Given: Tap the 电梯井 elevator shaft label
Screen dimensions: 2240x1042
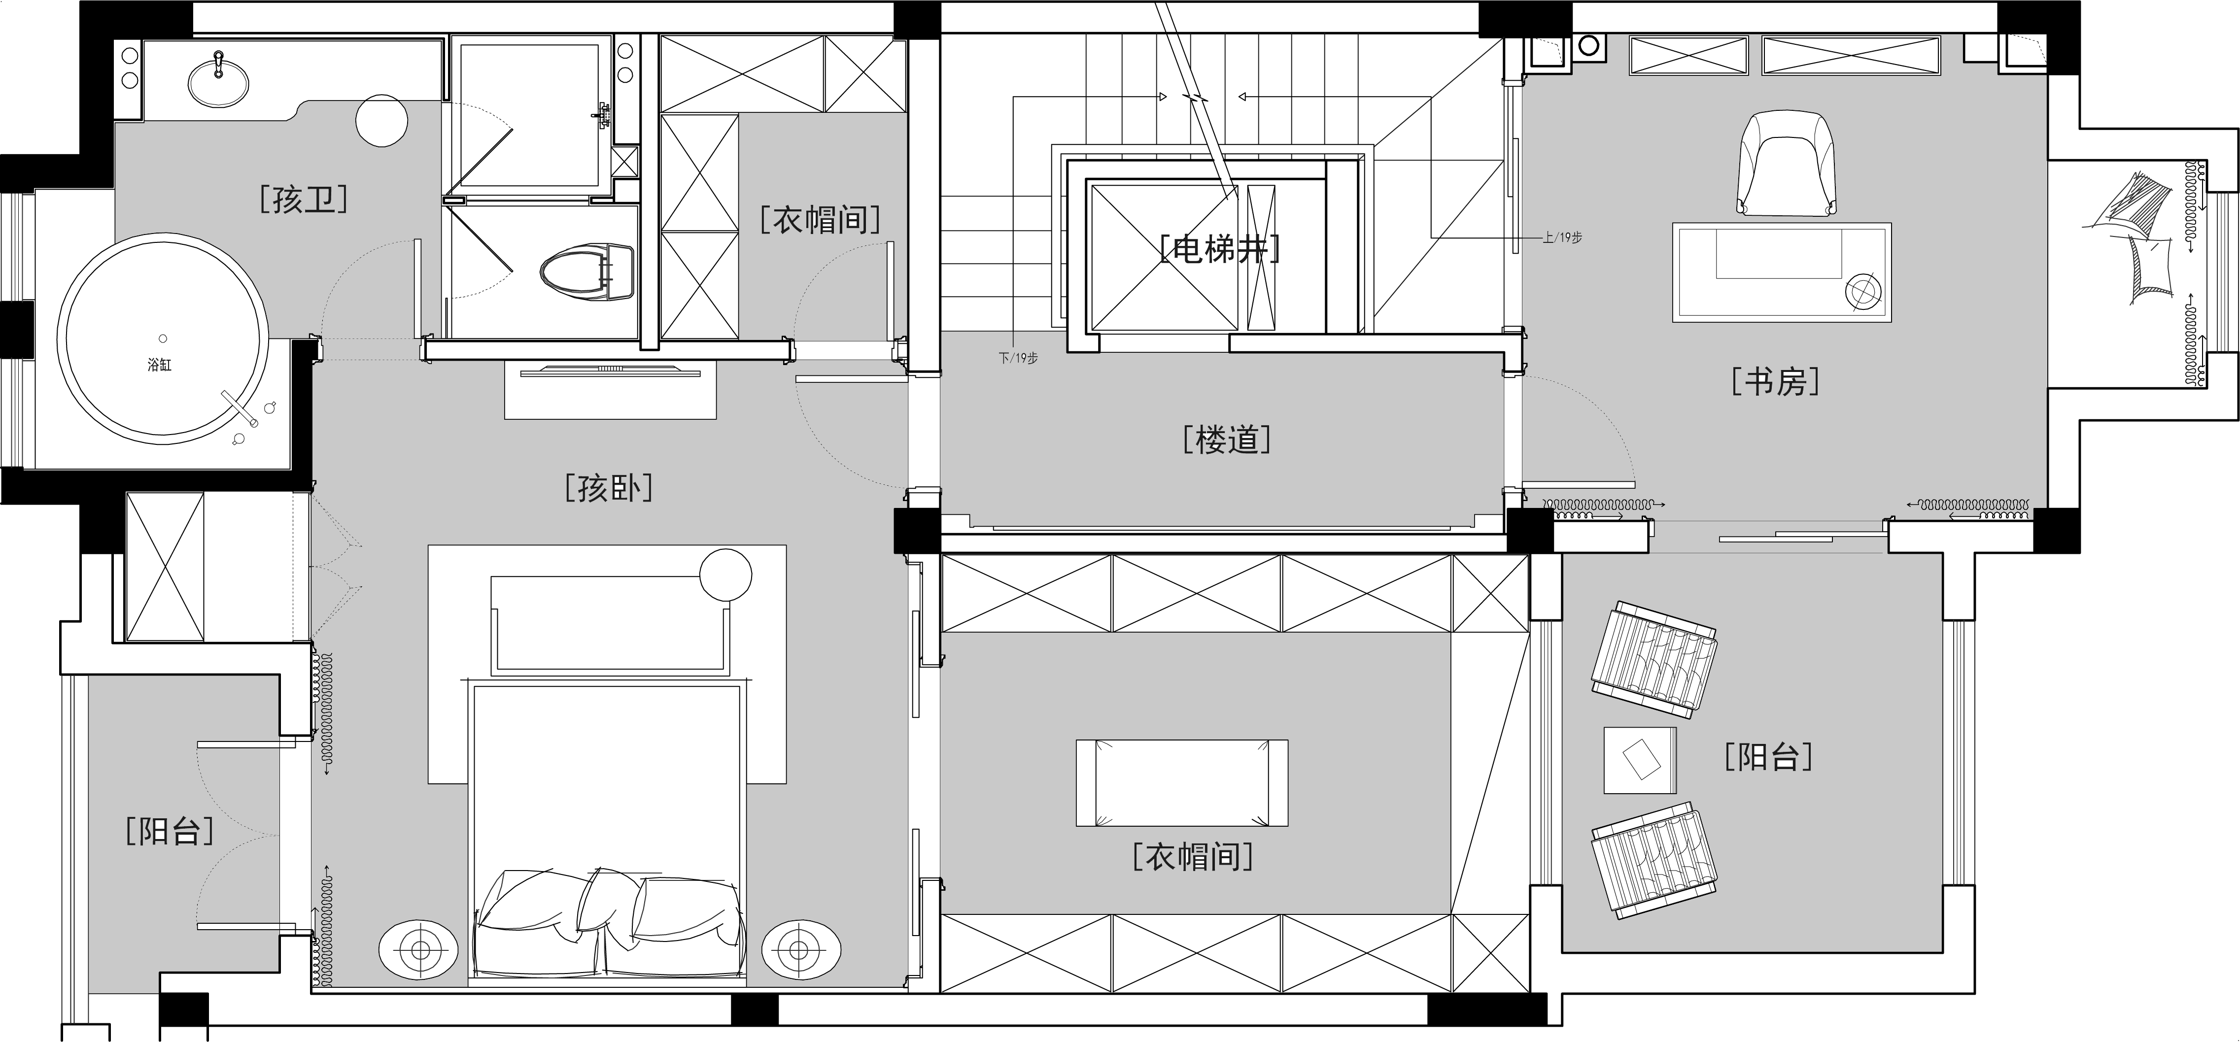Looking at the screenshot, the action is pyautogui.click(x=1220, y=249).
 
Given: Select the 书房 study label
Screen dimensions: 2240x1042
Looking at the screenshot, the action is pyautogui.click(x=1775, y=381).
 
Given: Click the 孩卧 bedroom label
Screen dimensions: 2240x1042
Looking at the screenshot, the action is pyautogui.click(x=609, y=488).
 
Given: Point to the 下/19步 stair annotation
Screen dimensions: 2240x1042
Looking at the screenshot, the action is pyautogui.click(x=1018, y=357).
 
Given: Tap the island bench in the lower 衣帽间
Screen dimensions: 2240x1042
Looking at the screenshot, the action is pyautogui.click(x=1182, y=782).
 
